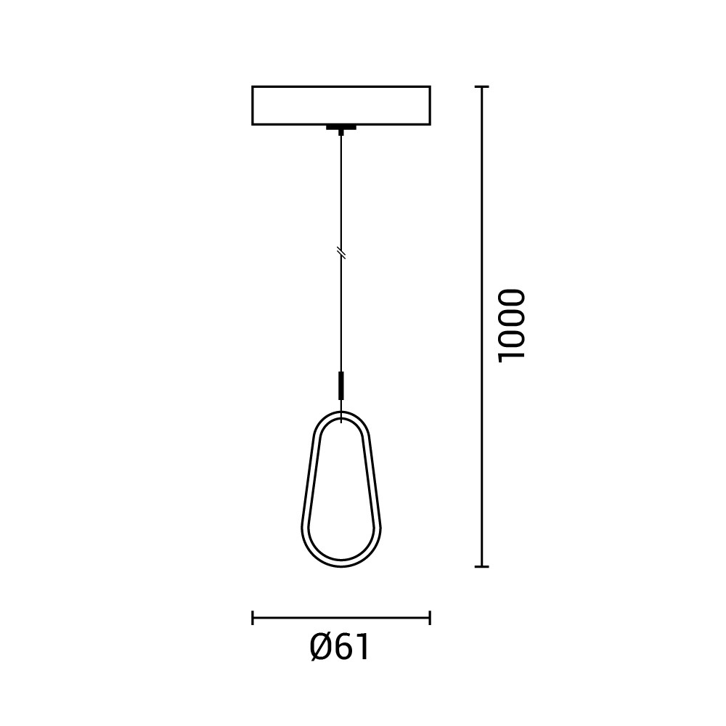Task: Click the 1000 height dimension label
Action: coord(512,326)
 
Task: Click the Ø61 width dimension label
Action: coord(340,648)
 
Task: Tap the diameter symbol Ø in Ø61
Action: coord(321,648)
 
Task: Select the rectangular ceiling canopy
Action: coord(341,105)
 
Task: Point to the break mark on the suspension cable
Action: coord(341,253)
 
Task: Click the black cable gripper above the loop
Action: coord(341,385)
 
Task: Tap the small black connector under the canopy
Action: coord(341,128)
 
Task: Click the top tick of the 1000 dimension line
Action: coord(482,86)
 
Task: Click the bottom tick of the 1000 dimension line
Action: coord(482,566)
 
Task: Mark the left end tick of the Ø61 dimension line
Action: coord(253,618)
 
